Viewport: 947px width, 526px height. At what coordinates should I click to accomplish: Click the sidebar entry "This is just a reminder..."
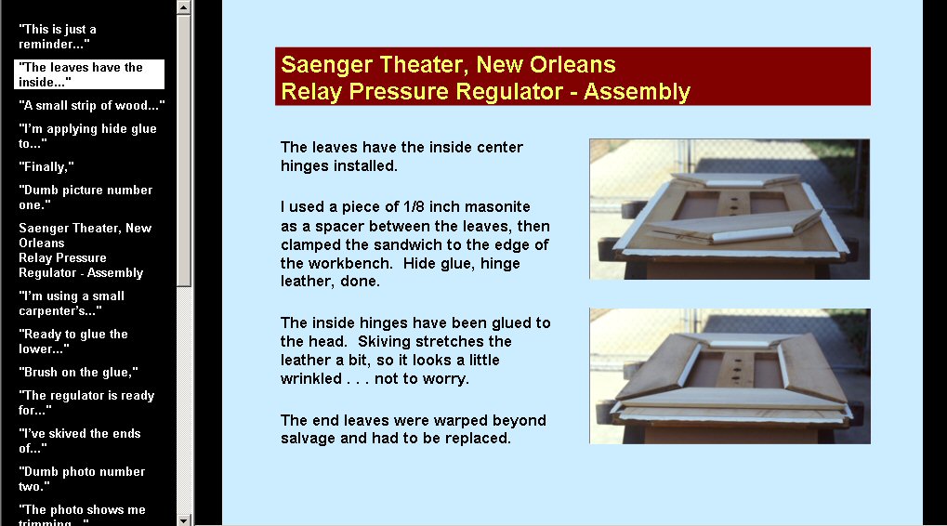[58, 36]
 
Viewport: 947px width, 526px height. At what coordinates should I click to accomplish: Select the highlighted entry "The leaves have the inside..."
[89, 74]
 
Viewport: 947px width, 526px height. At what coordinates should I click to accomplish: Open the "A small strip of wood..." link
[91, 105]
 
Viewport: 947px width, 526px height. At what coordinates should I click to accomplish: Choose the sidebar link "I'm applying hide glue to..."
[87, 136]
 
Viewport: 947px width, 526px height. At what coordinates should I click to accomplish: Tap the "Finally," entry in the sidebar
[46, 166]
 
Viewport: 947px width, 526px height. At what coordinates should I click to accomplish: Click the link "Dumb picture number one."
[85, 197]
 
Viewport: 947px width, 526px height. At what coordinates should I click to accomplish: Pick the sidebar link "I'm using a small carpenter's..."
[72, 303]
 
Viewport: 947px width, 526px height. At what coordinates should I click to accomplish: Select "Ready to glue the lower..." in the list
[73, 341]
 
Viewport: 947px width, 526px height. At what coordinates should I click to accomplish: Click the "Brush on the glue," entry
[78, 372]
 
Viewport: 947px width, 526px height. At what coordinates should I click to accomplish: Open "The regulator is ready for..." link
[86, 402]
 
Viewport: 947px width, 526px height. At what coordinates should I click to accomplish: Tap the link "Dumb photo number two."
[82, 479]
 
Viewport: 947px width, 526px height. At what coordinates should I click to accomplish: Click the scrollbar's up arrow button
[184, 7]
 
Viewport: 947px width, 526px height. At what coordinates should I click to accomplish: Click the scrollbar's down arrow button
[184, 519]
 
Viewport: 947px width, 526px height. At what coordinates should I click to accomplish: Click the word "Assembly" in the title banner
[637, 91]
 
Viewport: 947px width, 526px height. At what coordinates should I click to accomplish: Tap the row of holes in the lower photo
[736, 367]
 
